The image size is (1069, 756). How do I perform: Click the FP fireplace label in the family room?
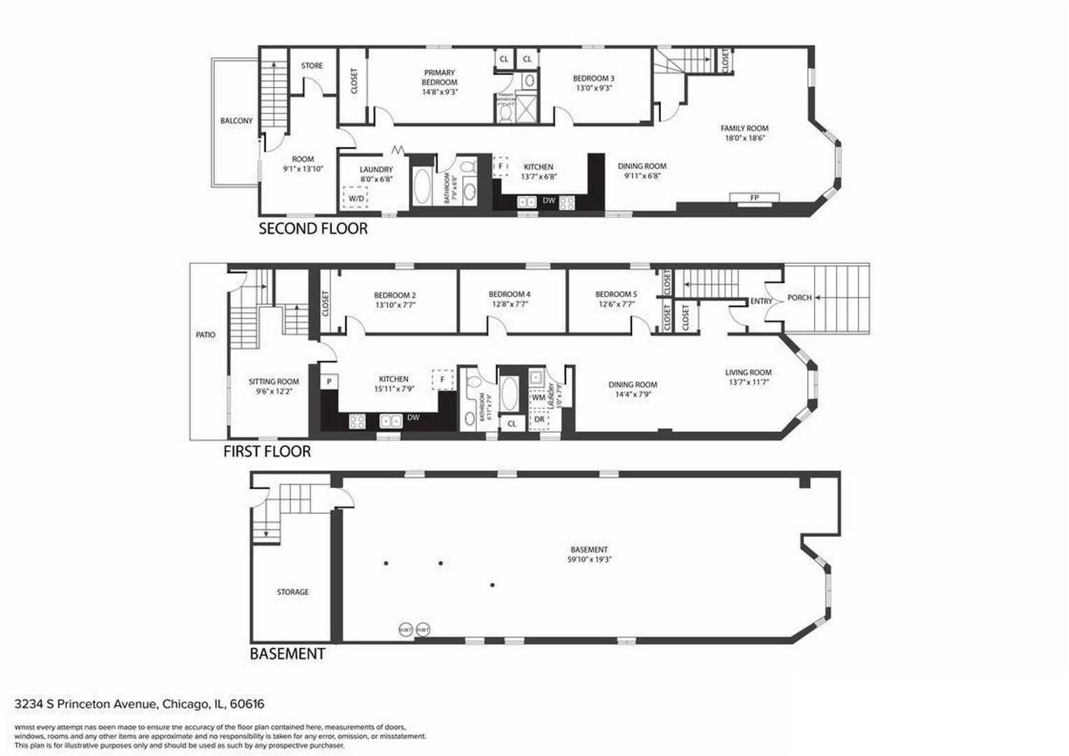tap(754, 198)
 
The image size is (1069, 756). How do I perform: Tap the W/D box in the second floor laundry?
tap(356, 199)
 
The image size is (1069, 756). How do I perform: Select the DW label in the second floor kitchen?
tap(549, 201)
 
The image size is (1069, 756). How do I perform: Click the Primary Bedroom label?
tap(440, 78)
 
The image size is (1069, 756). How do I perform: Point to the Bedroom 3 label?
tap(594, 78)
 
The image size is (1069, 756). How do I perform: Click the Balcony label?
tap(237, 121)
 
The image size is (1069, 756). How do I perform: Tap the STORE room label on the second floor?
tap(312, 66)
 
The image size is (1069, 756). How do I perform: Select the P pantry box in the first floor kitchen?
tap(329, 381)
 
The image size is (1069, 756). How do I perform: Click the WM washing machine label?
tap(538, 398)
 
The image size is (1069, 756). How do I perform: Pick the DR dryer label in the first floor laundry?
tap(539, 419)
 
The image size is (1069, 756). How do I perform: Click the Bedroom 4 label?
tap(509, 295)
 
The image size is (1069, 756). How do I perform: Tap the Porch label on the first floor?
tap(799, 297)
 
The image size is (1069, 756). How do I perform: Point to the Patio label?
tap(206, 335)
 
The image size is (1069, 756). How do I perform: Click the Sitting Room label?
tap(274, 382)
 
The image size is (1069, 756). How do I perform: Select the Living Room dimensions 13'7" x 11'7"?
tap(748, 382)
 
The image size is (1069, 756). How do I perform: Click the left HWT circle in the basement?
tap(406, 630)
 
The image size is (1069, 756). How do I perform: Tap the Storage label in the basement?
tap(293, 592)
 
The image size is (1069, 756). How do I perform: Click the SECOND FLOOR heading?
tap(313, 229)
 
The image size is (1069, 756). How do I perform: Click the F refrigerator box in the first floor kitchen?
tap(442, 379)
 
